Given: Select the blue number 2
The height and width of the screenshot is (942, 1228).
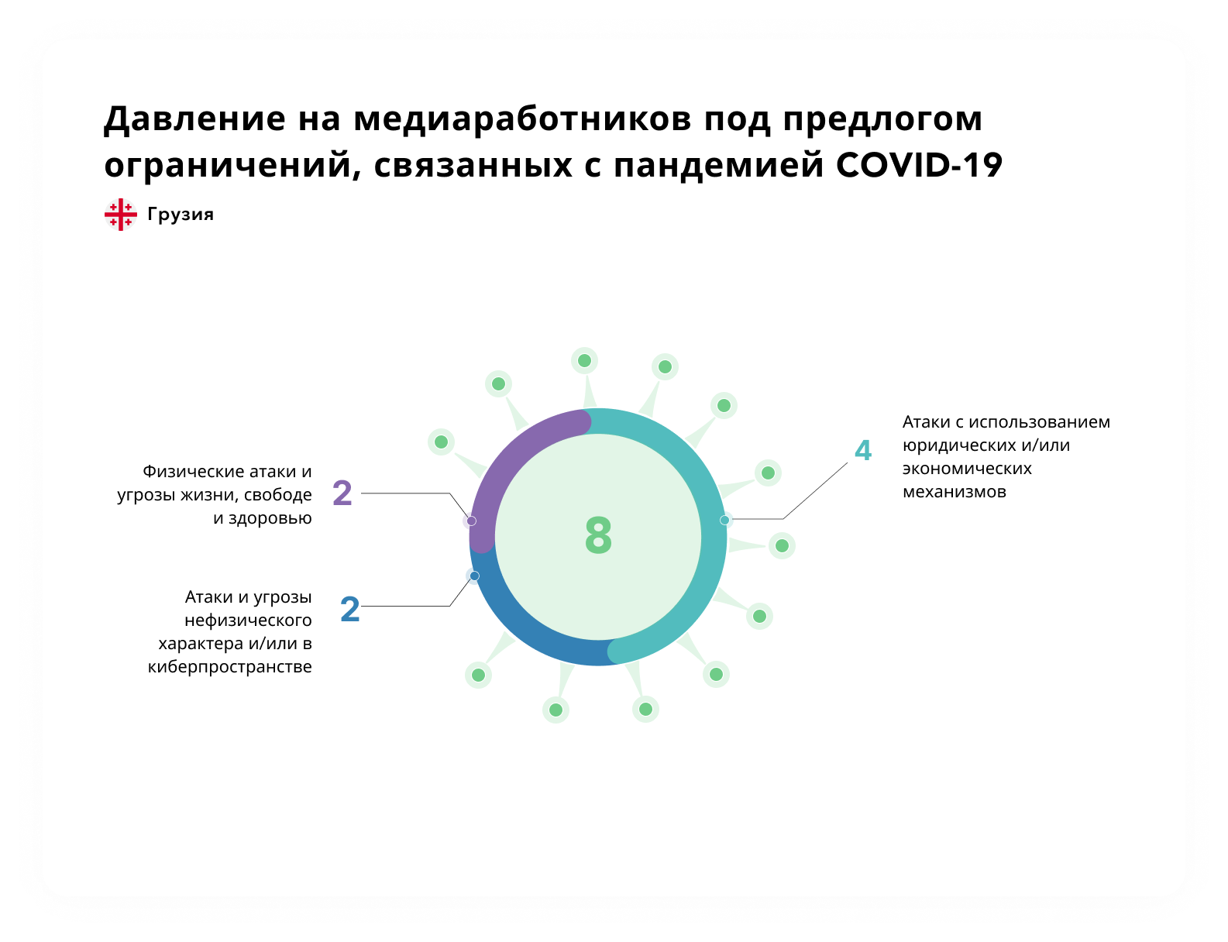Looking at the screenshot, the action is click(350, 609).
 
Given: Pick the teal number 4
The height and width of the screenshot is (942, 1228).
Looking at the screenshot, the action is click(863, 450).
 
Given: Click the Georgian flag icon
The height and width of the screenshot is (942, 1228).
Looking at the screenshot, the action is click(120, 214).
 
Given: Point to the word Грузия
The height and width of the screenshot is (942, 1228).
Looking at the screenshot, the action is click(181, 214).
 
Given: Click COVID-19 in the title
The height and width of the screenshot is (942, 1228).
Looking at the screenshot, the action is click(919, 165).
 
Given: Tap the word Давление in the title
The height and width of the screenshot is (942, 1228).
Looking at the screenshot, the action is click(194, 119).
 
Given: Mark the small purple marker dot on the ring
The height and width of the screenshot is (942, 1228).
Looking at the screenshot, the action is click(471, 521).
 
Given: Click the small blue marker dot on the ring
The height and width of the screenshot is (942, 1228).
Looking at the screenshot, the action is click(475, 576).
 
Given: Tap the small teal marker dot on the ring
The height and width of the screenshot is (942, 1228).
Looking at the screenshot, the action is click(724, 520).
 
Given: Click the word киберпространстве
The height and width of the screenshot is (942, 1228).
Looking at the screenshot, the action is click(229, 667).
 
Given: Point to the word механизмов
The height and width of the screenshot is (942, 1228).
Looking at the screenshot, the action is click(954, 492).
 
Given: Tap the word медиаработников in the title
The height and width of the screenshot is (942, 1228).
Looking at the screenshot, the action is click(522, 119).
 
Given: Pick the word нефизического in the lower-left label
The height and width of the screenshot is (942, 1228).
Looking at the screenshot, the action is click(248, 621).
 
